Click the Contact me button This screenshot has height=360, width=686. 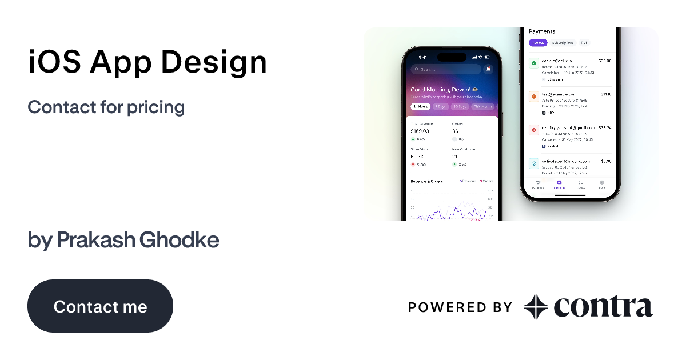click(x=100, y=306)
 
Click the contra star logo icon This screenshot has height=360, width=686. click(x=536, y=307)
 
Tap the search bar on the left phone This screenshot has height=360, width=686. click(x=446, y=69)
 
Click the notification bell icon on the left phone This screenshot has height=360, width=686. click(x=488, y=69)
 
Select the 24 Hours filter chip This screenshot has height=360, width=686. click(x=420, y=106)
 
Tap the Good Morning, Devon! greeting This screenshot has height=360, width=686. click(x=440, y=90)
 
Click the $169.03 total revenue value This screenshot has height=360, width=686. click(x=420, y=131)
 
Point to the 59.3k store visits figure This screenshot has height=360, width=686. click(x=417, y=156)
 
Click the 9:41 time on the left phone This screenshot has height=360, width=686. click(x=423, y=57)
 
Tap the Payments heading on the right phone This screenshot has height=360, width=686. click(x=542, y=31)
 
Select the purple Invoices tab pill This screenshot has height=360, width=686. click(x=538, y=43)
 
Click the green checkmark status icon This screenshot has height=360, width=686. click(x=533, y=63)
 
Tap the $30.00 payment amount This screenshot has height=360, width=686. click(x=605, y=61)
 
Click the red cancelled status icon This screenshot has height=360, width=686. click(x=533, y=130)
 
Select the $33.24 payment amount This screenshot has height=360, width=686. click(x=605, y=128)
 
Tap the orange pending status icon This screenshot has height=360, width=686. click(x=533, y=97)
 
